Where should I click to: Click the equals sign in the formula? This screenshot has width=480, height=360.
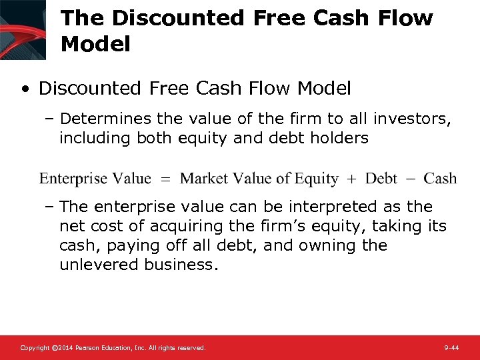166,179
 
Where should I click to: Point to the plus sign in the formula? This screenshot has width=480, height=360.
352,179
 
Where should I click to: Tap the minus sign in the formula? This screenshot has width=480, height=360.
411,179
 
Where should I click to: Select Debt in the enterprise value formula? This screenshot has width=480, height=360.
381,179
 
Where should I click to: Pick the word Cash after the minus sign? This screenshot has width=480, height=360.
440,179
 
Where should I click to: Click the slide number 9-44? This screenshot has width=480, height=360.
451,348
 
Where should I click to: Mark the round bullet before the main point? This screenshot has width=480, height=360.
25,89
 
